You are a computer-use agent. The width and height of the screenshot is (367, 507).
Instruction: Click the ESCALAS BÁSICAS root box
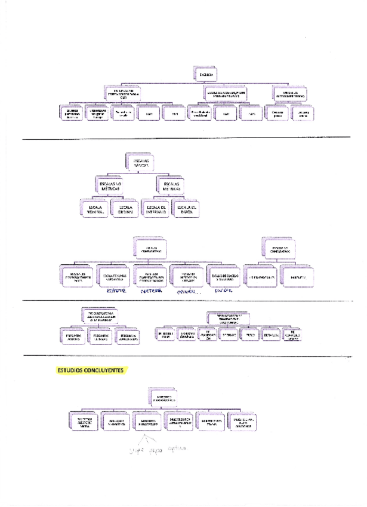tap(141, 162)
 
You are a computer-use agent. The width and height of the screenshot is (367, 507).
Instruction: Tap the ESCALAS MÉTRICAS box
tap(170, 185)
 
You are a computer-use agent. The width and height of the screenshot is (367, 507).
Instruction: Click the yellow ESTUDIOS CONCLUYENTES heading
tap(91, 370)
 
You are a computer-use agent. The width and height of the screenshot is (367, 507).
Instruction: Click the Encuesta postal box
tap(277, 113)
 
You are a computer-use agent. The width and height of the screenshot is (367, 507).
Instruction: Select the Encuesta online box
tap(304, 113)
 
